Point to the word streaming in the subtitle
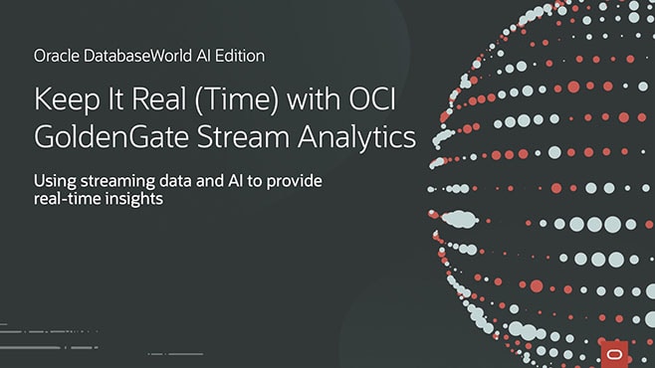[116, 181]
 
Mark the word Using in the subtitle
[55, 181]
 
